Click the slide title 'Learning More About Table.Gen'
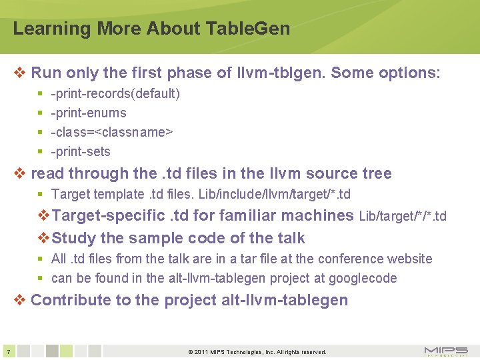point(151,29)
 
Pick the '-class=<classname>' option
point(112,132)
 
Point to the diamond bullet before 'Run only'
point(20,73)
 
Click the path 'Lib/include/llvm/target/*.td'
point(275,194)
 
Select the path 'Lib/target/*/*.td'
point(403,216)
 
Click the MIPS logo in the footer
point(445,351)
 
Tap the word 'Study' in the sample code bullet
point(73,238)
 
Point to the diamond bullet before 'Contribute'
point(20,300)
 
